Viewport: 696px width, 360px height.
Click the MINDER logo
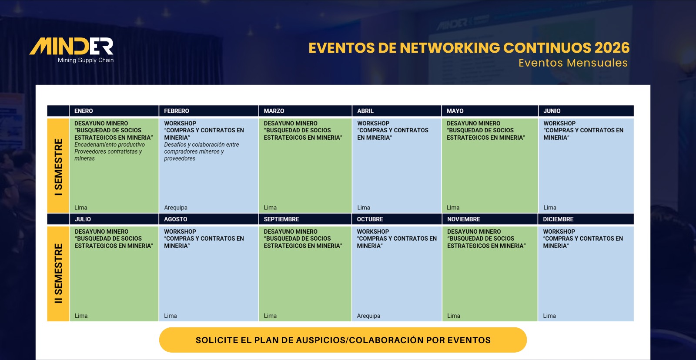[71, 50]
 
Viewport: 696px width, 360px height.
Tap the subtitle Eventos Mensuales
[573, 63]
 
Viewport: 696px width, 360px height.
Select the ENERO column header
[84, 111]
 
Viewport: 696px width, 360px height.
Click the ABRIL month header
[365, 111]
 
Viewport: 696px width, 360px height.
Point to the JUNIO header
[552, 111]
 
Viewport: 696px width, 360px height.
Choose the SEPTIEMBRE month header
[281, 219]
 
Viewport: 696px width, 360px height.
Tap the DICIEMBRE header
[558, 219]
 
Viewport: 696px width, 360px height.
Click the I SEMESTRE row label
[58, 167]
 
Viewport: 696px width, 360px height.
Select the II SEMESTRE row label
[58, 273]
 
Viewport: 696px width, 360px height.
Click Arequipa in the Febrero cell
[176, 208]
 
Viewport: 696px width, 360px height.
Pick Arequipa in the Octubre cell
[368, 316]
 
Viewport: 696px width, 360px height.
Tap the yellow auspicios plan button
[343, 340]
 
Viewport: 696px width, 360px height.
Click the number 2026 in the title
[612, 48]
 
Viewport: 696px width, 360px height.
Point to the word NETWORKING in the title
[450, 48]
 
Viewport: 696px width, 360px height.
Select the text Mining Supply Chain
[86, 61]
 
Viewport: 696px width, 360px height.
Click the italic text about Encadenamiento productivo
[109, 152]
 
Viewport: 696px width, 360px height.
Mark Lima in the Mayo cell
[453, 208]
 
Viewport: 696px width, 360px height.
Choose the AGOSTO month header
[176, 219]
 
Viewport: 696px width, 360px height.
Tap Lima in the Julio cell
[81, 316]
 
